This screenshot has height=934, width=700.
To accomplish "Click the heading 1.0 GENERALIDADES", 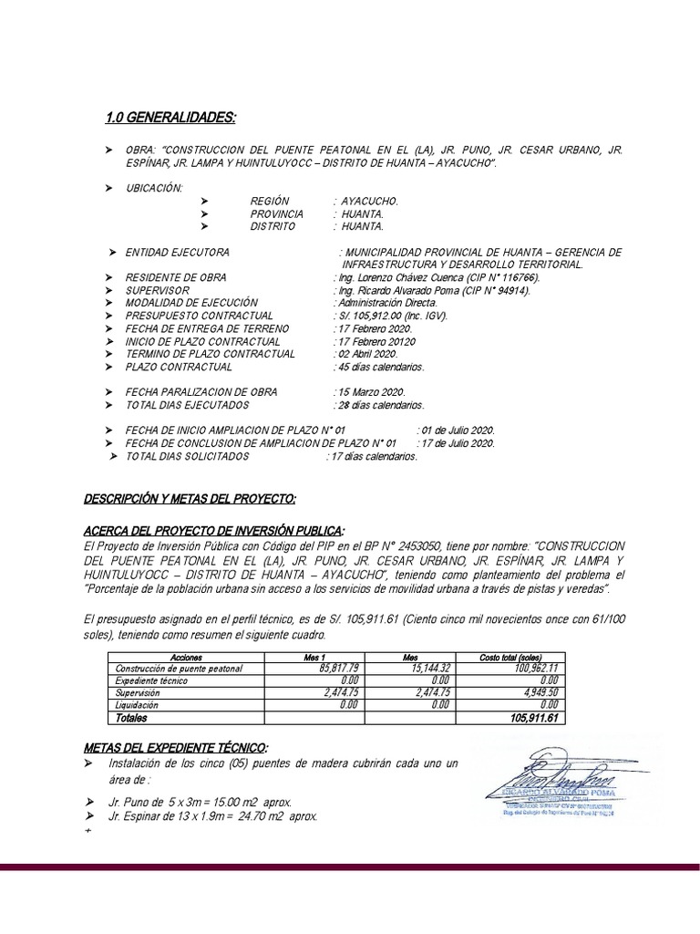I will [x=170, y=118].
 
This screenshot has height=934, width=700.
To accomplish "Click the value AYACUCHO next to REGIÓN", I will [x=370, y=200].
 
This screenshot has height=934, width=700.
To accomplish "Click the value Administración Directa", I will [x=386, y=303].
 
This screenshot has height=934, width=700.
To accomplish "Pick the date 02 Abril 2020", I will [x=366, y=354].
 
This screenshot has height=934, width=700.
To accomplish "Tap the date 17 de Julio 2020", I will [x=456, y=443].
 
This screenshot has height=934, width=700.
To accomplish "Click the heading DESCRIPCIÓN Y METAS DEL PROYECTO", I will [x=190, y=501].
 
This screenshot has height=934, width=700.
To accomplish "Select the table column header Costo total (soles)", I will [x=510, y=657].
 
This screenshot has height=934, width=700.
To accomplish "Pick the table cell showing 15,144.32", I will [x=428, y=669].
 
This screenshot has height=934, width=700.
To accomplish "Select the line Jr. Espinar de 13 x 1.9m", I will [x=212, y=816].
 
